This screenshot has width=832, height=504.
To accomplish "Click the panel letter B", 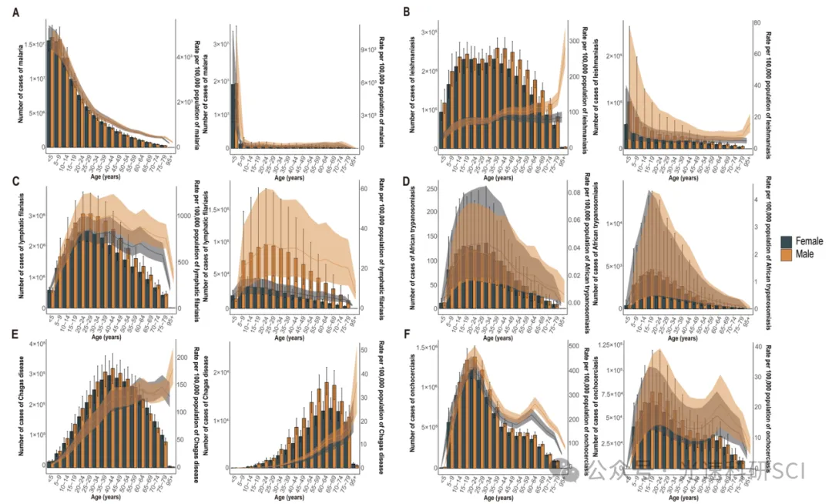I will [x=406, y=13].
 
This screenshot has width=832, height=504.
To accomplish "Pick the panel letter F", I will [x=406, y=335].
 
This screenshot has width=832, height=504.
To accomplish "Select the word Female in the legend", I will [x=809, y=242].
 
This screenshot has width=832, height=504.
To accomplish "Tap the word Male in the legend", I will [x=806, y=254].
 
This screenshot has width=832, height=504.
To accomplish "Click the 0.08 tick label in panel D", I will [x=575, y=193].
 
